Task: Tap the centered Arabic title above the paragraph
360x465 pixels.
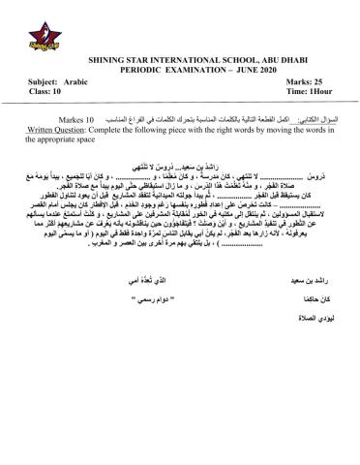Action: point(179,166)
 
